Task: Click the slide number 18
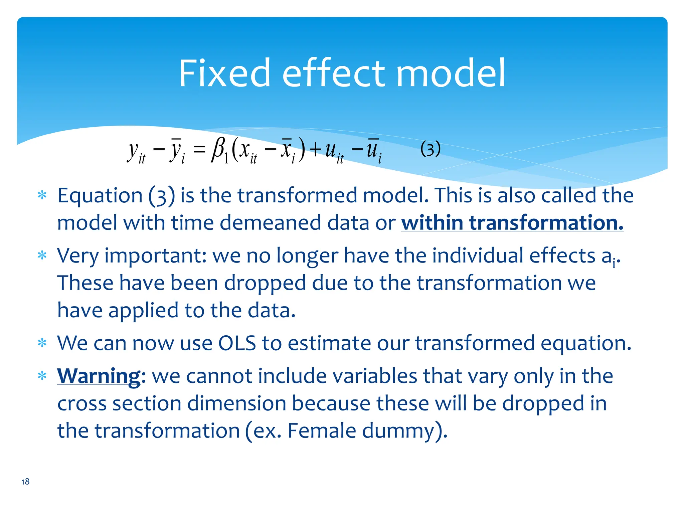click(25, 482)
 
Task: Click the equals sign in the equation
click(199, 149)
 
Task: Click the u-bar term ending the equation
click(373, 150)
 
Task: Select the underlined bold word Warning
click(99, 376)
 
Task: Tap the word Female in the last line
click(322, 431)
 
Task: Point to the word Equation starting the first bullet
click(100, 196)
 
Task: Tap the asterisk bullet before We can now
click(42, 343)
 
